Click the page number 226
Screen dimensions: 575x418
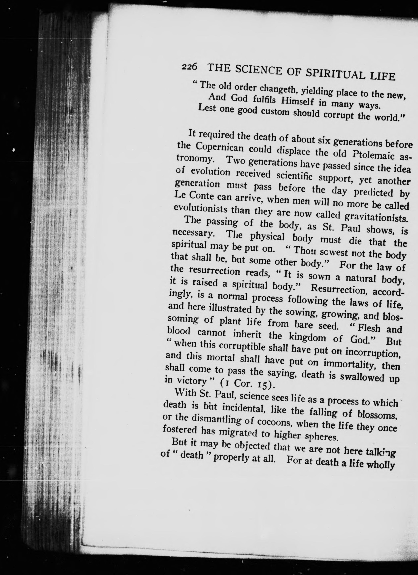point(189,66)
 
